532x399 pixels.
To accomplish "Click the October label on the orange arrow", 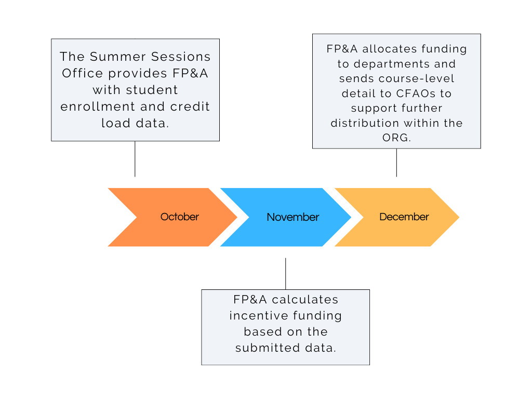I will (x=179, y=217).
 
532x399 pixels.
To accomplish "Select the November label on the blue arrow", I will (x=292, y=217).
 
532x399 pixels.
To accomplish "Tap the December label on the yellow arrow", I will (x=404, y=217).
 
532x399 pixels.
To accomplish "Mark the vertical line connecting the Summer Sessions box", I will (x=135, y=158).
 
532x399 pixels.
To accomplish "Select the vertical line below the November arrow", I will (x=285, y=273).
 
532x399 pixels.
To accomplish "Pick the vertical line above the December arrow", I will (x=396, y=162).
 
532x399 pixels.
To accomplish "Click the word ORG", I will (x=396, y=138).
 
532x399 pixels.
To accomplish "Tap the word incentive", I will (x=257, y=316).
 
